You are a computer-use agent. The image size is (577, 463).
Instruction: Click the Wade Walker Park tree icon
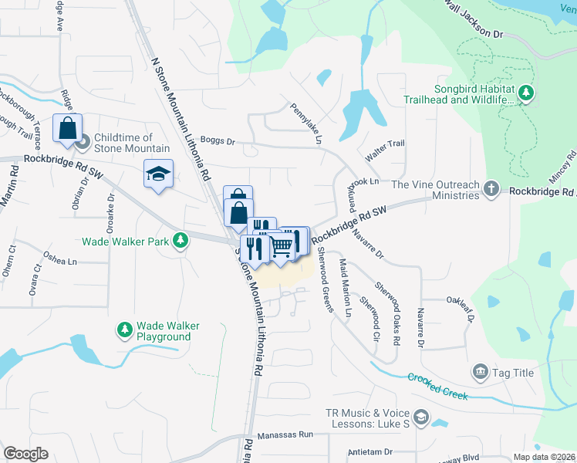point(180,241)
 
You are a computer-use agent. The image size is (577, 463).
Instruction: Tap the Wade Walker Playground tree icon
point(124,331)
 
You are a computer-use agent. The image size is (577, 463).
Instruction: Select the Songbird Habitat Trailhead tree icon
point(526,93)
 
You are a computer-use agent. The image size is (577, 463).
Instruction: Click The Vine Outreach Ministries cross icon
point(491,190)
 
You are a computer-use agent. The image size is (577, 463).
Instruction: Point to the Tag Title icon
point(481,373)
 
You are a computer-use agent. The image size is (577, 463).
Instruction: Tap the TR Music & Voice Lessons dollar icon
point(421,419)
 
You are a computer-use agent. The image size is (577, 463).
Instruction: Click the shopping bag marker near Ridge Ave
point(67,128)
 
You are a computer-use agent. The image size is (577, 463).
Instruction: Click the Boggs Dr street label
point(216,141)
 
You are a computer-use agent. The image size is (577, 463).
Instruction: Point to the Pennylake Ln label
point(305,123)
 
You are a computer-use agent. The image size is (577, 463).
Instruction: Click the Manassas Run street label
point(285,435)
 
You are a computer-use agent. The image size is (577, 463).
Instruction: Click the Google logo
point(25,454)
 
